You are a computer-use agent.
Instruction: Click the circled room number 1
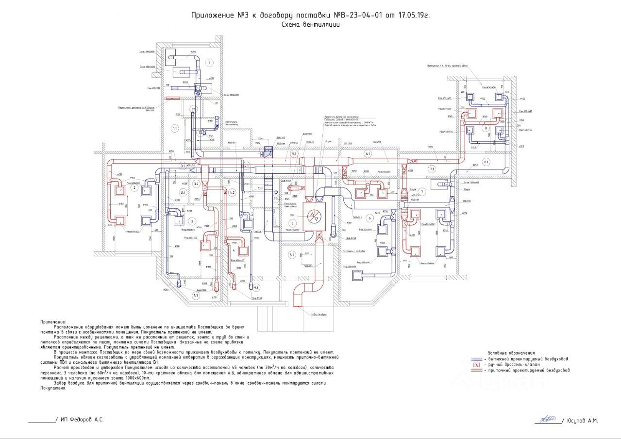tap(209, 63)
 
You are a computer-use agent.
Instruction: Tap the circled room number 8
tap(485, 128)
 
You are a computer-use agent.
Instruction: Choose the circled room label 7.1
tap(432, 168)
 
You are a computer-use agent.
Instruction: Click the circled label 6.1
tap(368, 154)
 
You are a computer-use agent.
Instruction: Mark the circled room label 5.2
tap(292, 255)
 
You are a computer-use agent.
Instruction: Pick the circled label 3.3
tap(196, 295)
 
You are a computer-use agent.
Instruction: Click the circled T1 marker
tap(193, 109)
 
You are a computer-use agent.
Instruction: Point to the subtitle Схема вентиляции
tap(310, 24)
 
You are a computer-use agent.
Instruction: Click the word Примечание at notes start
tap(53, 321)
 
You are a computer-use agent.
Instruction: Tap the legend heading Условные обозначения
tap(511, 353)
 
